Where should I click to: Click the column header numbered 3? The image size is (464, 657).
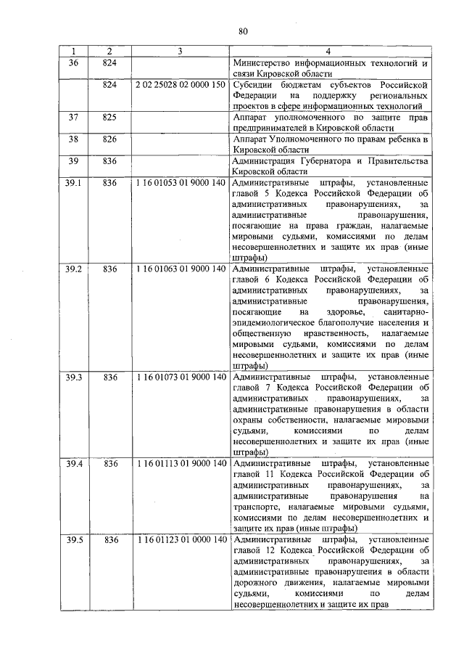tap(179, 52)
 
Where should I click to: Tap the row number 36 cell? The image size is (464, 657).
tap(73, 62)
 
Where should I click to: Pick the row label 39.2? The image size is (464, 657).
tap(74, 269)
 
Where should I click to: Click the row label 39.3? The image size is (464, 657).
tap(74, 378)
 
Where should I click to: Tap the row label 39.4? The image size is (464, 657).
tap(74, 463)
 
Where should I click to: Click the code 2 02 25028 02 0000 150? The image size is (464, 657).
tap(179, 85)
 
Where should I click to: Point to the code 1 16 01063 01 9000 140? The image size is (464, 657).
tap(179, 269)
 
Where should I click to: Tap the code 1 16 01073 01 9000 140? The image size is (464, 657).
tap(179, 378)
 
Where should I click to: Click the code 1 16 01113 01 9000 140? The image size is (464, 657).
tap(179, 463)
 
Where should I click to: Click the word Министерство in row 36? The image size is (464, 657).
tap(263, 62)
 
